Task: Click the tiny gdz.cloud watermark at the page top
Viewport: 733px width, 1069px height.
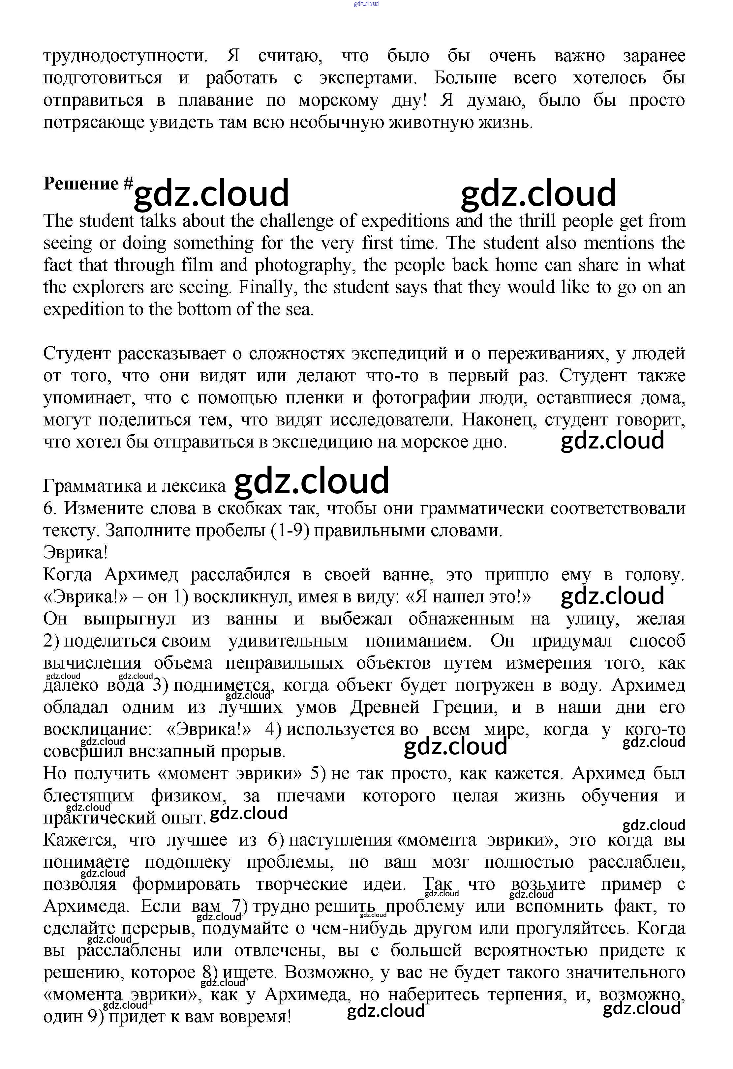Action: pos(366,4)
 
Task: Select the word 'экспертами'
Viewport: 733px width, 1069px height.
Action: pos(368,78)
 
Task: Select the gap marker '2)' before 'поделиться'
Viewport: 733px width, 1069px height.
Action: pos(51,641)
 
